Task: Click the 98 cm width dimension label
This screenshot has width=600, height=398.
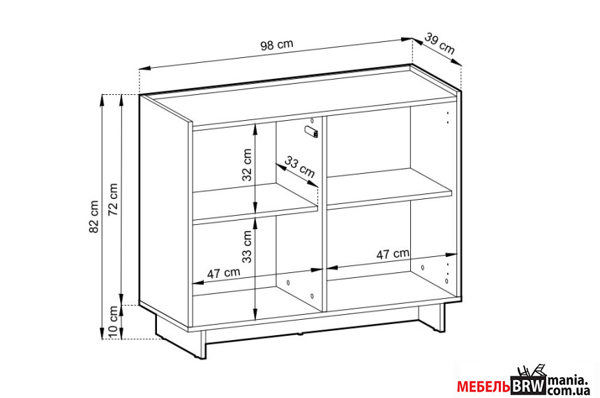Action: point(277,45)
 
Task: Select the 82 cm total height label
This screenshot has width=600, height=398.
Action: point(93,216)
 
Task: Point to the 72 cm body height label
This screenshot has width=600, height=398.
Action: point(113,200)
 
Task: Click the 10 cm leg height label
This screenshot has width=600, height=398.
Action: point(113,322)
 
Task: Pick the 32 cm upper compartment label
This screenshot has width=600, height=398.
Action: point(247,165)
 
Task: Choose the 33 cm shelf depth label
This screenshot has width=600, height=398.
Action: point(299,167)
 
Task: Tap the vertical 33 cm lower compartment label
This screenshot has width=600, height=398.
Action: point(247,246)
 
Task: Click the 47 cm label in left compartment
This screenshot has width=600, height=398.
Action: point(224,272)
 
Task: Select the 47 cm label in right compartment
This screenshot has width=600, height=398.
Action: point(393,254)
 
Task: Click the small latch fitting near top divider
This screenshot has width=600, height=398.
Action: point(311,131)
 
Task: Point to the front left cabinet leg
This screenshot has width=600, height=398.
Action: point(202,344)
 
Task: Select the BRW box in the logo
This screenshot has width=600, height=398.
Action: point(529,386)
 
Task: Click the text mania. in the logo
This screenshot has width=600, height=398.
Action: point(567,381)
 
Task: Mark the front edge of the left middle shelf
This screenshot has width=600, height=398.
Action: point(255,214)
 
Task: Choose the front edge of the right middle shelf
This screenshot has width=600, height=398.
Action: point(390,200)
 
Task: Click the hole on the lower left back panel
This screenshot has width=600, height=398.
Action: point(288,282)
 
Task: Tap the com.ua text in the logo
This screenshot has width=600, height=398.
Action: point(569,391)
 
